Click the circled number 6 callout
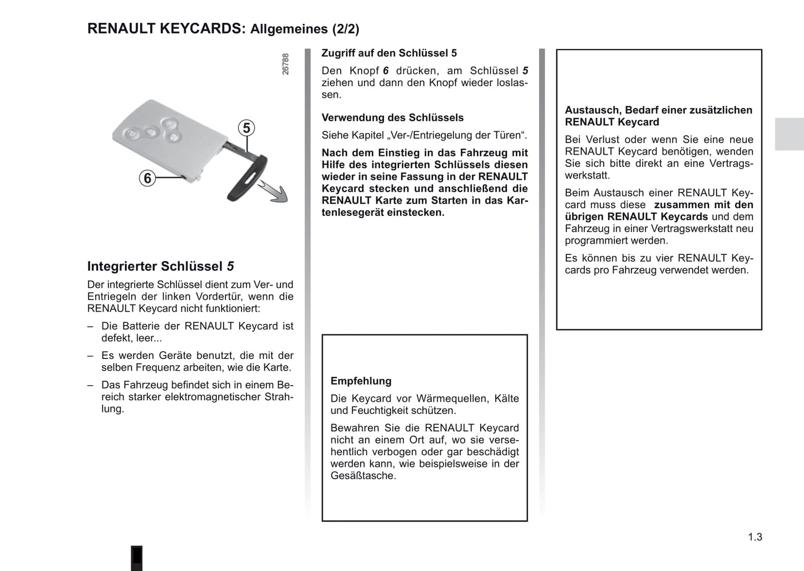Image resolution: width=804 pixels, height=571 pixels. pyautogui.click(x=147, y=178)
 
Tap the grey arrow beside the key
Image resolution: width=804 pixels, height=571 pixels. pyautogui.click(x=276, y=193)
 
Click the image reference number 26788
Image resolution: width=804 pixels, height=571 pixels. pyautogui.click(x=285, y=64)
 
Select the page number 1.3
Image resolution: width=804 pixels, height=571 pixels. pyautogui.click(x=755, y=537)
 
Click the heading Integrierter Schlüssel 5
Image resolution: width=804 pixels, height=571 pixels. pyautogui.click(x=160, y=267)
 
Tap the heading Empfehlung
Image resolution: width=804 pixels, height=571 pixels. pyautogui.click(x=361, y=381)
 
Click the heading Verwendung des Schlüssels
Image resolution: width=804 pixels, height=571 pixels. pyautogui.click(x=392, y=118)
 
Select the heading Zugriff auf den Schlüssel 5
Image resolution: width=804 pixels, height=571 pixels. pyautogui.click(x=389, y=53)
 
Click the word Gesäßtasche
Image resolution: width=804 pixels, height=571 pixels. pyautogui.click(x=362, y=476)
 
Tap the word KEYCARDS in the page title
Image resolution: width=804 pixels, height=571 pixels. pyautogui.click(x=203, y=29)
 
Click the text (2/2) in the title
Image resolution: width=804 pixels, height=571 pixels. pyautogui.click(x=346, y=29)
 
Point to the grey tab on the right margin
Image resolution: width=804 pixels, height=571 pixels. pyautogui.click(x=789, y=134)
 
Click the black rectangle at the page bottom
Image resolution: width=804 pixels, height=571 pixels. pyautogui.click(x=137, y=558)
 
